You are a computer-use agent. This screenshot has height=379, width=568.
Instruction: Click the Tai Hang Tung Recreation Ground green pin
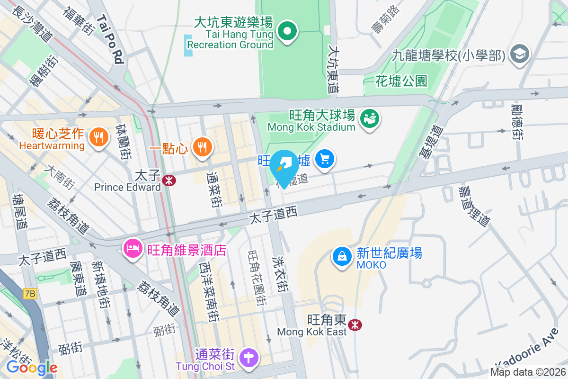[x=287, y=32]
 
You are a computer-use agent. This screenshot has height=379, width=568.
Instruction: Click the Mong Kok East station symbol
[x=355, y=325]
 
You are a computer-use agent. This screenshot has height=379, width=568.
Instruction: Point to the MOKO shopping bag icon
[x=342, y=257]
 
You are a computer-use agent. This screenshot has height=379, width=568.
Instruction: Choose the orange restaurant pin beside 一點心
[x=203, y=147]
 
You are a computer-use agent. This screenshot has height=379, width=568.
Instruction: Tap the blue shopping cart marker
[x=325, y=158]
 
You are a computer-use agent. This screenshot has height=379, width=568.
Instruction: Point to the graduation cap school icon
[x=520, y=54]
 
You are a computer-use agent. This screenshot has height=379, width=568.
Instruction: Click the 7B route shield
[x=29, y=294]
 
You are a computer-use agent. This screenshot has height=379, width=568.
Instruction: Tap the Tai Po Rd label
[x=110, y=38]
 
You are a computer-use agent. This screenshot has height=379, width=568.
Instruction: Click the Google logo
[x=32, y=367]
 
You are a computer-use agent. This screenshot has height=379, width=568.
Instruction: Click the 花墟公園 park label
[x=401, y=81]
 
